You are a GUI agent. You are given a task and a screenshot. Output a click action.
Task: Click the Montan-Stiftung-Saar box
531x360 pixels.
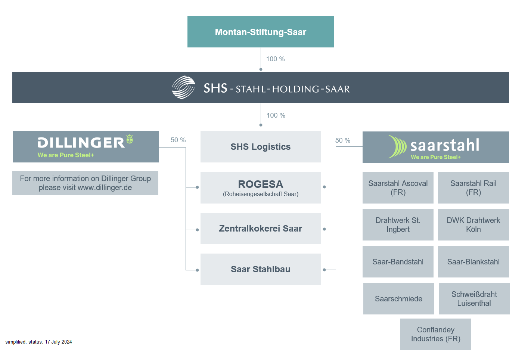[261, 32]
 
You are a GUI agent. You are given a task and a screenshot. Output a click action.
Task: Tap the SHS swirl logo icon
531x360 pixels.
[183, 87]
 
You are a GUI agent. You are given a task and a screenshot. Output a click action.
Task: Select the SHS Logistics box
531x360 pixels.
[261, 147]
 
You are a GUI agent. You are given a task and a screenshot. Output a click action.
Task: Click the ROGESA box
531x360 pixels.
[261, 187]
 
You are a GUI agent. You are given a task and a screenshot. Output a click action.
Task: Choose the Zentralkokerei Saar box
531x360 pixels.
[261, 229]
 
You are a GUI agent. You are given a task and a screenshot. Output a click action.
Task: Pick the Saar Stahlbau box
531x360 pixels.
[261, 269]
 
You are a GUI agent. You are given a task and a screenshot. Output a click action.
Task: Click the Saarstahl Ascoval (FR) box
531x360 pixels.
[398, 187]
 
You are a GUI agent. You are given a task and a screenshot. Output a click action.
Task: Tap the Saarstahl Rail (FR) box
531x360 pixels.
[473, 187]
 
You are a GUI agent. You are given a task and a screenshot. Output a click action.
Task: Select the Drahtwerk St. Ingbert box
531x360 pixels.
[398, 225]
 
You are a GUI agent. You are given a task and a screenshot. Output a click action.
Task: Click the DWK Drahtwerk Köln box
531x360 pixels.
[473, 225]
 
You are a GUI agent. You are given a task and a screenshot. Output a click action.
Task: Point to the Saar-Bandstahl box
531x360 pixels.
[398, 262]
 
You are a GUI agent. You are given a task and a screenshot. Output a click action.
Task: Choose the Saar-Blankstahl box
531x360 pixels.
[473, 262]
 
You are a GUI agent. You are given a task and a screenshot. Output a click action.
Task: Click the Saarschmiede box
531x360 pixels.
[398, 299]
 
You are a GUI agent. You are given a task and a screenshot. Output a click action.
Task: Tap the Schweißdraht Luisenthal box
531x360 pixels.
[474, 299]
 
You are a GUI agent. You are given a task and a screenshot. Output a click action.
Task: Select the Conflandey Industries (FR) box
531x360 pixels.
[436, 334]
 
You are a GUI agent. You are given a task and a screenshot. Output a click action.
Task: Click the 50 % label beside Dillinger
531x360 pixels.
[178, 140]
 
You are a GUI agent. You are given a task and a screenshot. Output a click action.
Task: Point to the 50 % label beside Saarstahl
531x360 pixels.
[342, 140]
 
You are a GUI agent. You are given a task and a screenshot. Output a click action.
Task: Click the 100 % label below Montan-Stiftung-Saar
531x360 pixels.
[275, 59]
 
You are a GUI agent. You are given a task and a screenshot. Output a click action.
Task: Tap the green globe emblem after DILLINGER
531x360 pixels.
[130, 139]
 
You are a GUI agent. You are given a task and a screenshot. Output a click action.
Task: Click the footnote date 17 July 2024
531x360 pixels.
[58, 342]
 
